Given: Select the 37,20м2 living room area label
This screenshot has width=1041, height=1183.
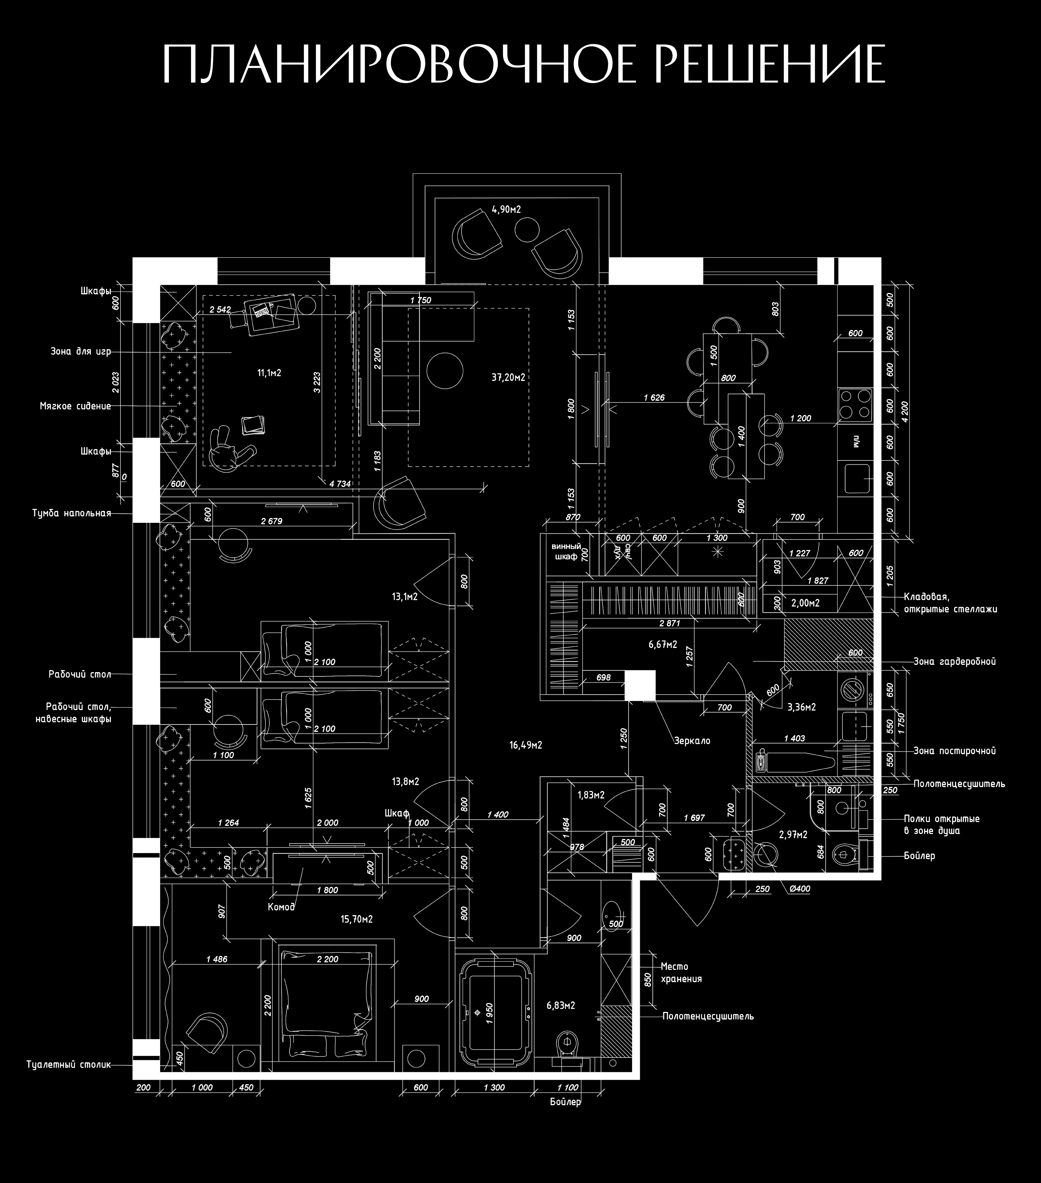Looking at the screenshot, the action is (x=508, y=377).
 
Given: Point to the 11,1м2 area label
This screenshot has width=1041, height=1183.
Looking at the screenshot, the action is (x=269, y=373).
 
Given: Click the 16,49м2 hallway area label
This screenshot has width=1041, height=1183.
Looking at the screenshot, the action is (x=526, y=746).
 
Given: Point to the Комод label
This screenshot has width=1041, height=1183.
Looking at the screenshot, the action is (x=281, y=907).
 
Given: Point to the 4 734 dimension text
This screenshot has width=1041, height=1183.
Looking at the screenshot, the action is (x=340, y=483).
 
